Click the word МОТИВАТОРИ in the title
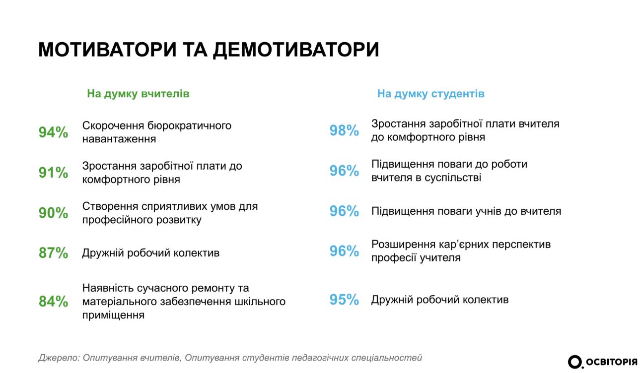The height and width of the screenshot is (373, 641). coord(107,50)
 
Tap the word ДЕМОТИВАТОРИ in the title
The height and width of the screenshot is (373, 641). coord(296,50)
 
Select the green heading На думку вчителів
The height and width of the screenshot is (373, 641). coord(138,93)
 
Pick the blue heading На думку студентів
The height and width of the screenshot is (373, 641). coord(430,93)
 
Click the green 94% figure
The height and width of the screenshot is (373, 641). coord(54,132)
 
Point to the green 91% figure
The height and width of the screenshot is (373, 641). coord(54,172)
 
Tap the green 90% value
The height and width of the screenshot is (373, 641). coord(54,213)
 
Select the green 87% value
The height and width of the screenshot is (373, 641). coord(54,252)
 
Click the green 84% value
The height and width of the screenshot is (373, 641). coord(54,301)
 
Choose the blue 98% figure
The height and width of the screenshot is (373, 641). coord(344,130)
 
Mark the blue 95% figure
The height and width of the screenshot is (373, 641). coord(344,300)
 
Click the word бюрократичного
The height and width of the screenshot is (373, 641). coord(189,126)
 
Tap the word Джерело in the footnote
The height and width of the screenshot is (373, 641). coord(59,358)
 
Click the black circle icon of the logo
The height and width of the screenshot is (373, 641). coord(574,362)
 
